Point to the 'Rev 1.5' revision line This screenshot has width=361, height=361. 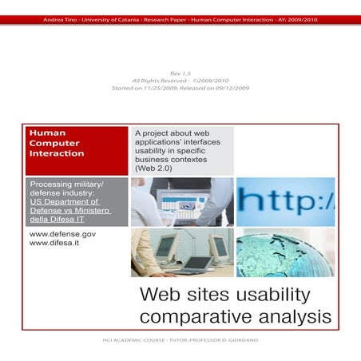(x=180, y=72)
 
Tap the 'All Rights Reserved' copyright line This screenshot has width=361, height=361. (x=180, y=80)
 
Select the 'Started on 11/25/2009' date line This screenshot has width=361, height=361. (x=180, y=88)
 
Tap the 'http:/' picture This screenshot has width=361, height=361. (x=285, y=201)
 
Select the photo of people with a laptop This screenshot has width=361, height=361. (x=182, y=201)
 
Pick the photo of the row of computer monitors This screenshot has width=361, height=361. (x=182, y=252)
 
